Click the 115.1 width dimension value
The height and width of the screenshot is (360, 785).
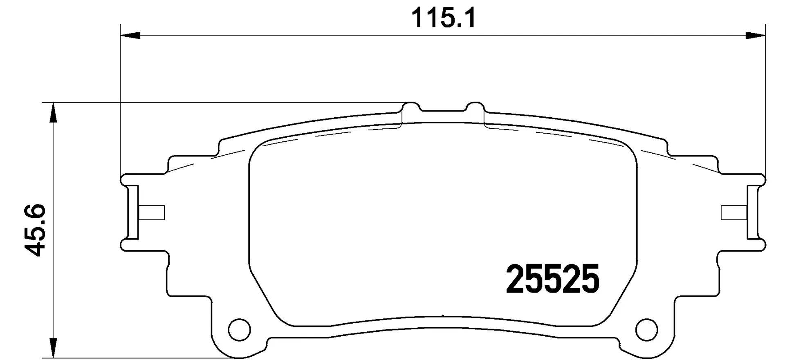[x=443, y=19]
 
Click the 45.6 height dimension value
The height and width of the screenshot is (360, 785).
[x=34, y=230]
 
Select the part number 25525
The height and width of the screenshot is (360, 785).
[x=552, y=279]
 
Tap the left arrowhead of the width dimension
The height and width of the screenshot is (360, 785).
[x=131, y=36]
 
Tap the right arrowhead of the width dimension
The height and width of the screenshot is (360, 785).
[x=755, y=36]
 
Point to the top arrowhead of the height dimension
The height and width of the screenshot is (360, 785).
[x=52, y=112]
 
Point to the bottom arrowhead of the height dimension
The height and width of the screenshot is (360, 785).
[x=52, y=348]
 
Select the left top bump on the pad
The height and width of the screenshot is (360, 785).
[x=411, y=107]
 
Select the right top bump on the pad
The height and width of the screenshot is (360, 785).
[x=475, y=107]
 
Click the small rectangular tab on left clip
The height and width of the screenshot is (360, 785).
[x=152, y=212]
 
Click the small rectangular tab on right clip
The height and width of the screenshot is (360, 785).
[x=734, y=212]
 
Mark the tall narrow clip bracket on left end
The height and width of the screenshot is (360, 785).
[x=133, y=212]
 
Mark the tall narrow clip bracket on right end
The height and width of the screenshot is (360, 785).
[x=753, y=212]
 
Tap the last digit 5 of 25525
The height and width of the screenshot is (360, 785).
[x=590, y=279]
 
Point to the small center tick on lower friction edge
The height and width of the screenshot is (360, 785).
[x=443, y=315]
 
